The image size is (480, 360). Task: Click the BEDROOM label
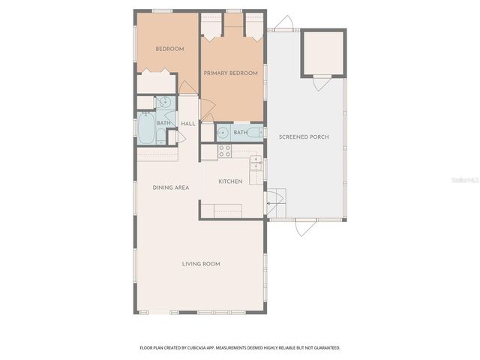169,49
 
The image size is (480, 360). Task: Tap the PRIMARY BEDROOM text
231,73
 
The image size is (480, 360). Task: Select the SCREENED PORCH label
304,136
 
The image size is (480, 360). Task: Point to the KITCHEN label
230,181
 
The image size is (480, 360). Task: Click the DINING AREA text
170,187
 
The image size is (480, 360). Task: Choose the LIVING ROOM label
201,263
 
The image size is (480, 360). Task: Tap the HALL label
187,123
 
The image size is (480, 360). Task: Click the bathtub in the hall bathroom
145,128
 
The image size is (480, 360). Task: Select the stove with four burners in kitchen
224,151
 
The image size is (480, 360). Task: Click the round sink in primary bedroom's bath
223,133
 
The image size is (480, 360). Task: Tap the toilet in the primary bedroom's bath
255,133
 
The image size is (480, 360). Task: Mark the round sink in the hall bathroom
165,103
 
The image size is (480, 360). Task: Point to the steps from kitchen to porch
276,203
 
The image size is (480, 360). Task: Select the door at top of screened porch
284,24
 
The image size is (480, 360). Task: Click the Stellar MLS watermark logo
465,181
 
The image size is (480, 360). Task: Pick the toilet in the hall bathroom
171,137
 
